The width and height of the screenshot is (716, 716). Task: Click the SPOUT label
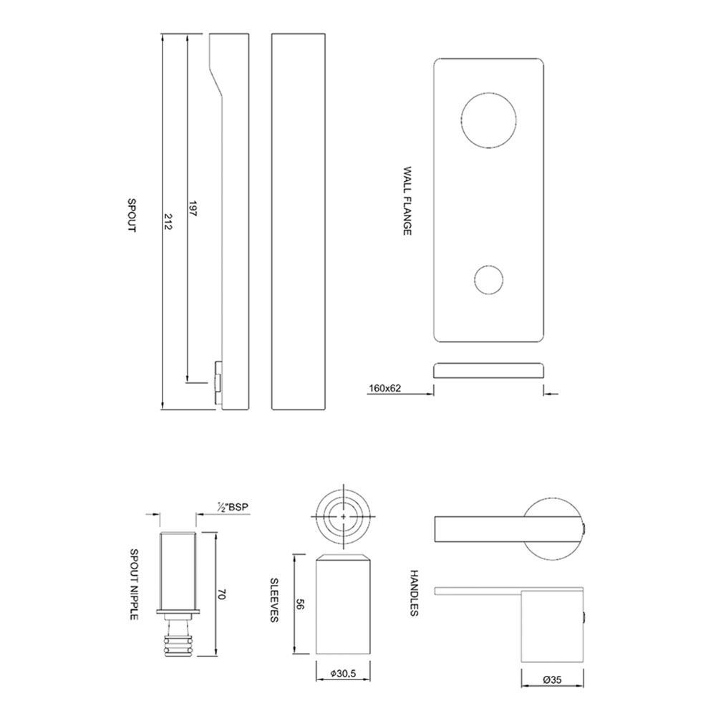[132, 216]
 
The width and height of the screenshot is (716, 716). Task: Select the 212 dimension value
[168, 221]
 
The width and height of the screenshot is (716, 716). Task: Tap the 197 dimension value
[193, 208]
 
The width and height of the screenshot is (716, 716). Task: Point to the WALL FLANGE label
[407, 201]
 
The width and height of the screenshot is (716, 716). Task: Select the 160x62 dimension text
[385, 389]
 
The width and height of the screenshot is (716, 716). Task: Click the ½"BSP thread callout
[233, 506]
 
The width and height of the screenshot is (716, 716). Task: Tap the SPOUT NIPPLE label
[135, 584]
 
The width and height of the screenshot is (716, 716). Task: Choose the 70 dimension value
[222, 594]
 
